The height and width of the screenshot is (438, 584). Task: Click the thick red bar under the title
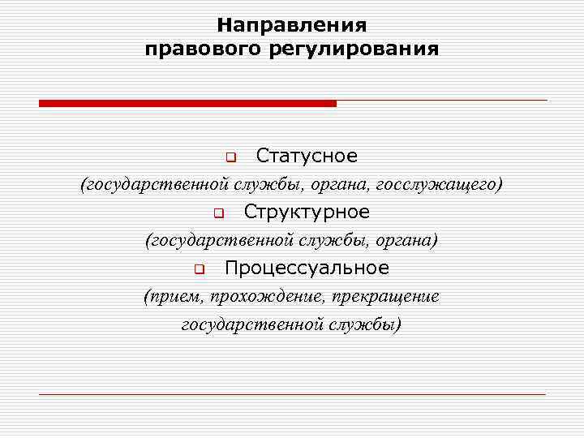pyautogui.click(x=187, y=103)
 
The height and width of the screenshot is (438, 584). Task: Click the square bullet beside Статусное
pyautogui.click(x=230, y=156)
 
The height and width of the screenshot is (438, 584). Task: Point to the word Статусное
pyautogui.click(x=307, y=155)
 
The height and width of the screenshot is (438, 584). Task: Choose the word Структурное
pyautogui.click(x=307, y=212)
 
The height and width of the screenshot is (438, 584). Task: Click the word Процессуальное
pyautogui.click(x=307, y=268)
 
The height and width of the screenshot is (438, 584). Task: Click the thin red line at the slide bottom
pyautogui.click(x=292, y=394)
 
